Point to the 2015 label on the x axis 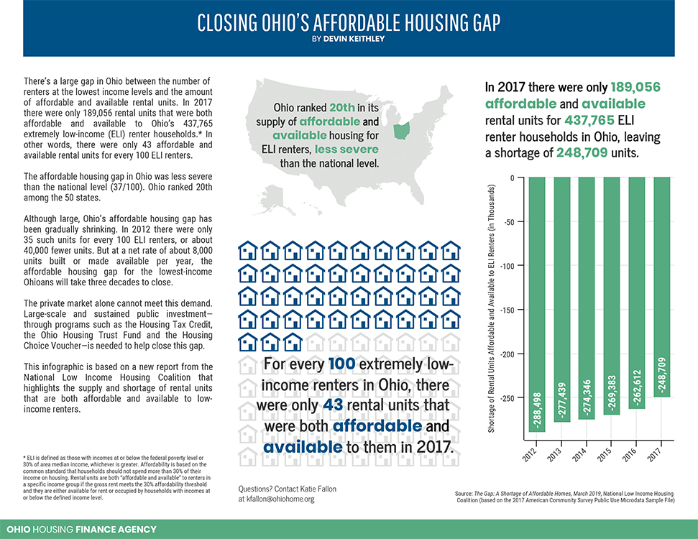(x=611, y=455)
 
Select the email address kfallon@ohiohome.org (x=277, y=499)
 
